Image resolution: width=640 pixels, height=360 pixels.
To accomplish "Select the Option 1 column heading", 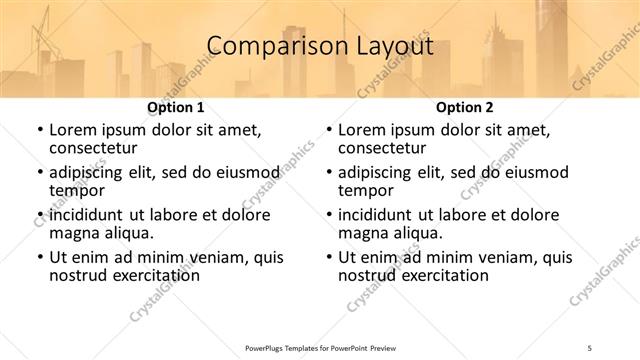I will point(175,106).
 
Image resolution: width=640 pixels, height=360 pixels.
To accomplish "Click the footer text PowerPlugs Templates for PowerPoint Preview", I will point(320,348).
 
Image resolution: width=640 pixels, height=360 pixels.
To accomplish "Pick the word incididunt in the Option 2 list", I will point(377,215).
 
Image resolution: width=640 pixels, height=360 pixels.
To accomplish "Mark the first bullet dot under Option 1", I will point(39,131).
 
